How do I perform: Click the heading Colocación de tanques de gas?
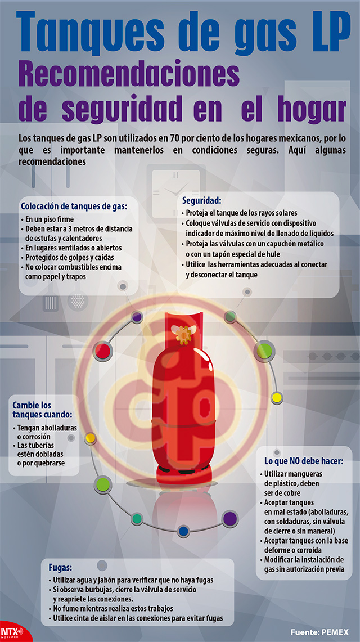(74, 206)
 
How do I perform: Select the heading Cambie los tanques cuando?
(42, 410)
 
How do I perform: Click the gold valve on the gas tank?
(181, 334)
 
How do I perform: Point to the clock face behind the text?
(176, 188)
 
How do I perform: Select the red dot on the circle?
(102, 351)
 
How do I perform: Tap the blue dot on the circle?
(183, 531)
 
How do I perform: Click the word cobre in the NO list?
(291, 492)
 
